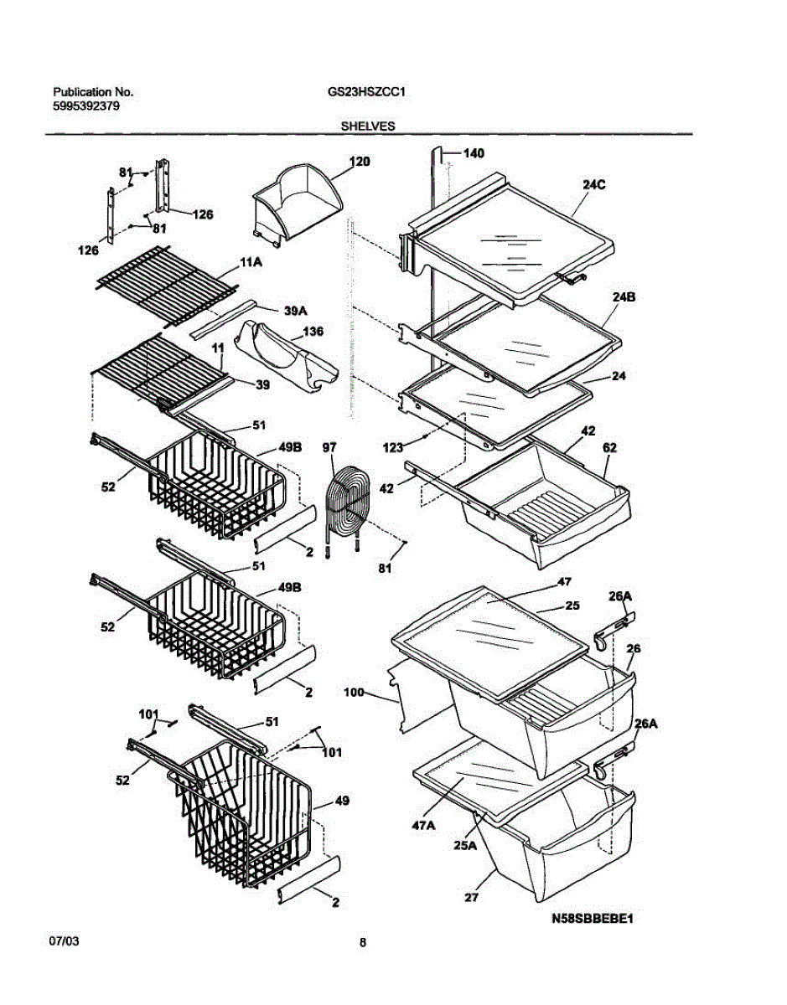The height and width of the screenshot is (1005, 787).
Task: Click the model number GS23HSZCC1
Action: point(367,93)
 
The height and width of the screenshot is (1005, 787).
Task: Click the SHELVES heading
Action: point(368,126)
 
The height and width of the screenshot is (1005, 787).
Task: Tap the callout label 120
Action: point(359,162)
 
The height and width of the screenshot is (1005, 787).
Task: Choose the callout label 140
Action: point(474,153)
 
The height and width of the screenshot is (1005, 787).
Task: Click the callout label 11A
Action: point(251,262)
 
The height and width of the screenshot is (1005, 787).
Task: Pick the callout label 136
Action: point(312,331)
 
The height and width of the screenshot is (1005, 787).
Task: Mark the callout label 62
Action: point(608,448)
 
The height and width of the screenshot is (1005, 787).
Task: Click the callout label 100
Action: point(355,693)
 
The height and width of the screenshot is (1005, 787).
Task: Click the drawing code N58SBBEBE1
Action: point(591,918)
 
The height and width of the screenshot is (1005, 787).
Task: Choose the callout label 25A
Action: point(464,845)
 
